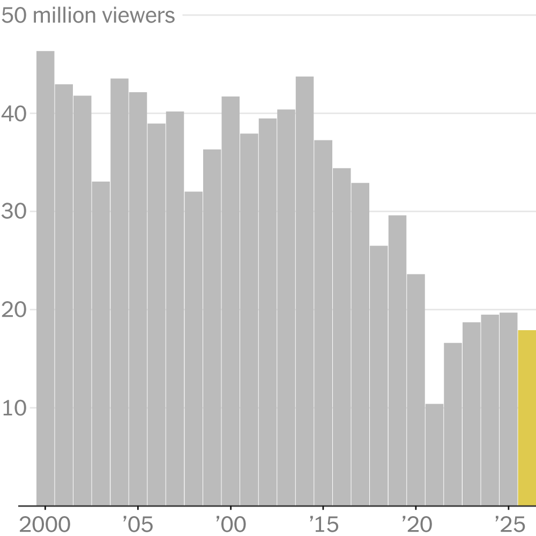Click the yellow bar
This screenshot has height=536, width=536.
click(526, 418)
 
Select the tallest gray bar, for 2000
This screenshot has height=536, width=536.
click(46, 279)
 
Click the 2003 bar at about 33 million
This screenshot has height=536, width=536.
click(101, 344)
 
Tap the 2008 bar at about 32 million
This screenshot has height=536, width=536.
click(193, 348)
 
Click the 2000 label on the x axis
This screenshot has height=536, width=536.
click(45, 523)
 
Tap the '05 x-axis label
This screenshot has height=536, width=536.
click(138, 523)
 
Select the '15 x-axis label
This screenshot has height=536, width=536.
click(323, 523)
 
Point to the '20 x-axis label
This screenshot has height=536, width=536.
click(416, 523)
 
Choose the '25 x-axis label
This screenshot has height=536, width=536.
click(508, 523)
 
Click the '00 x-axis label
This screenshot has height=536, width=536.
click(230, 523)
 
